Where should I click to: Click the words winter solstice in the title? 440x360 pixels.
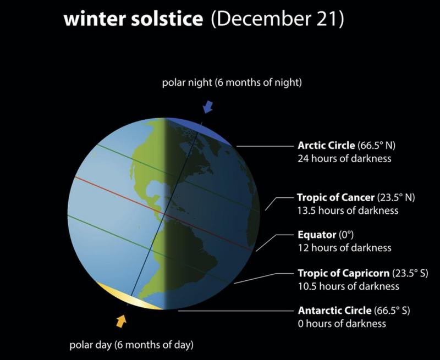pos(131,21)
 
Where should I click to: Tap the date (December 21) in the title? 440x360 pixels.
pos(278,21)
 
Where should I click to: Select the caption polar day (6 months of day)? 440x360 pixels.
pos(131,346)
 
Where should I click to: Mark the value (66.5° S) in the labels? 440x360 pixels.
pos(392,311)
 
